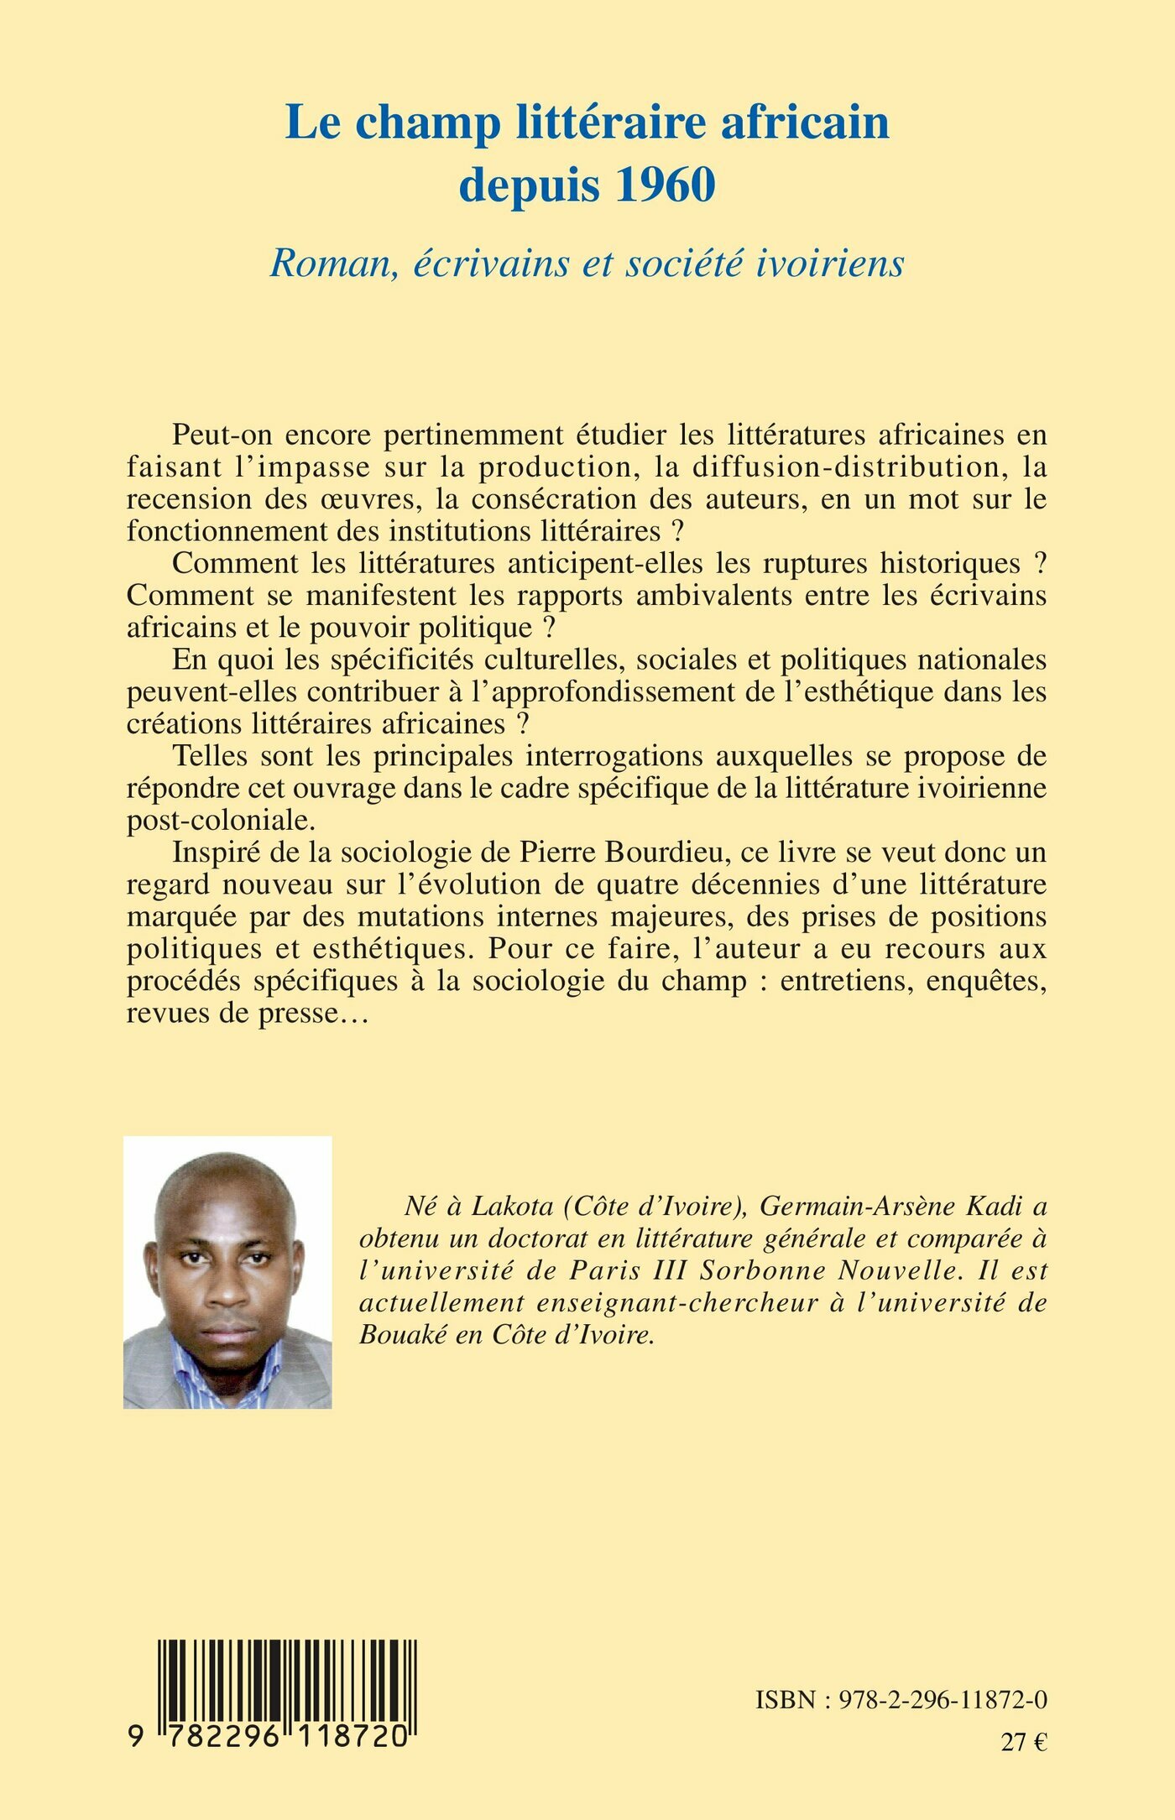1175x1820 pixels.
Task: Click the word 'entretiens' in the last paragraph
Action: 847,981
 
